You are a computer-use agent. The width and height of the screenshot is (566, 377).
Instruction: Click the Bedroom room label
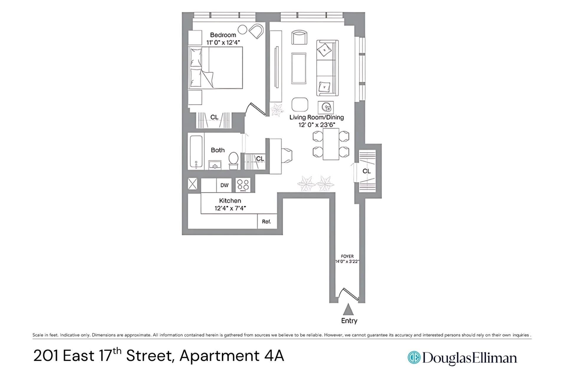click(223, 35)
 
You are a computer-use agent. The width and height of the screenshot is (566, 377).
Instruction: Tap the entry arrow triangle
click(348, 310)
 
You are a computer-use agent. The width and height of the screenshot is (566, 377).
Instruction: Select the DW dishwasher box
click(224, 185)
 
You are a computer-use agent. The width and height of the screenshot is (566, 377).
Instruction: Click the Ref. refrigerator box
click(266, 221)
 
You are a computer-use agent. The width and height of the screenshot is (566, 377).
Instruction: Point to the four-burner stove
click(243, 185)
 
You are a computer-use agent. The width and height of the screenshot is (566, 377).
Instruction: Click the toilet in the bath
click(233, 161)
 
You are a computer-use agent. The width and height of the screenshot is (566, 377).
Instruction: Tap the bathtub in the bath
click(196, 152)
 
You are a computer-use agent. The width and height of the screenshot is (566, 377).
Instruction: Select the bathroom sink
click(215, 165)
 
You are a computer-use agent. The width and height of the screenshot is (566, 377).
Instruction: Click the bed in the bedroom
click(215, 68)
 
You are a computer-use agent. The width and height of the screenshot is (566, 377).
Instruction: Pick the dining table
click(331, 144)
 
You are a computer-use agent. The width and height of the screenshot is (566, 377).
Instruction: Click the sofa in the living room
click(327, 68)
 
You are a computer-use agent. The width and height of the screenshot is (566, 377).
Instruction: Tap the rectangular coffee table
click(299, 68)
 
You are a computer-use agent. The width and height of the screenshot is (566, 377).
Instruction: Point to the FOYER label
click(347, 256)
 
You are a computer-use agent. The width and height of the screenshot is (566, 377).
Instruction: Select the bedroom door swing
click(256, 109)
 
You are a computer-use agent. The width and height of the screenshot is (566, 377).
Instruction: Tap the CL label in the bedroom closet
click(214, 117)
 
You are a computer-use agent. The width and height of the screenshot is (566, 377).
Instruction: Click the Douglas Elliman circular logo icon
click(414, 357)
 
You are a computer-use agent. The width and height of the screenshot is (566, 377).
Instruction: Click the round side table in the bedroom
click(242, 30)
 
